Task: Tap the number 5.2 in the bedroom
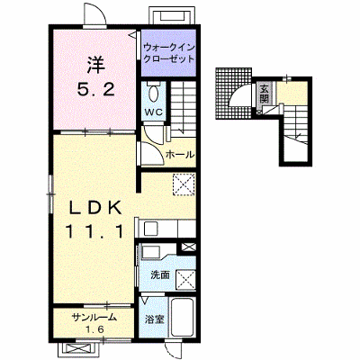pyautogui.click(x=96, y=89)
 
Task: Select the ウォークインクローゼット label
pyautogui.click(x=169, y=53)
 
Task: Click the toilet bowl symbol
pyautogui.click(x=154, y=93)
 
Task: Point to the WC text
pyautogui.click(x=154, y=112)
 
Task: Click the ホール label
pyautogui.click(x=180, y=155)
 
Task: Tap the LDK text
pyautogui.click(x=96, y=208)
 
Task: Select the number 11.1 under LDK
pyautogui.click(x=94, y=231)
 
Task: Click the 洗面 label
pyautogui.click(x=160, y=274)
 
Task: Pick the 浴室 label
pyautogui.click(x=155, y=319)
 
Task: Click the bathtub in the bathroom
pyautogui.click(x=182, y=318)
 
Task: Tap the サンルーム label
pyautogui.click(x=94, y=317)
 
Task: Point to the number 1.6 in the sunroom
pyautogui.click(x=94, y=329)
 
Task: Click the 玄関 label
pyautogui.click(x=264, y=94)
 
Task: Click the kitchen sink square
pyautogui.click(x=150, y=229)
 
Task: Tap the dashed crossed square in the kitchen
pyautogui.click(x=184, y=184)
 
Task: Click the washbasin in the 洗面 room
pyautogui.click(x=151, y=252)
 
